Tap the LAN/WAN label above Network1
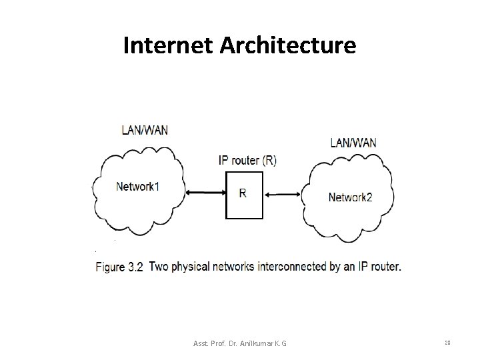point(145,129)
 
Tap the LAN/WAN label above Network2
point(353,142)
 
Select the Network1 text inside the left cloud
point(138,186)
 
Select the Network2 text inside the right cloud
point(351,197)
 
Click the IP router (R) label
point(249,160)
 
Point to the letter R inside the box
point(242,193)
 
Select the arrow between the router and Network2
point(282,194)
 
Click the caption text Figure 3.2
point(120,267)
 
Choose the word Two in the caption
point(159,267)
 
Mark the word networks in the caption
point(233,267)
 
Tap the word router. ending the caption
point(385,267)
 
